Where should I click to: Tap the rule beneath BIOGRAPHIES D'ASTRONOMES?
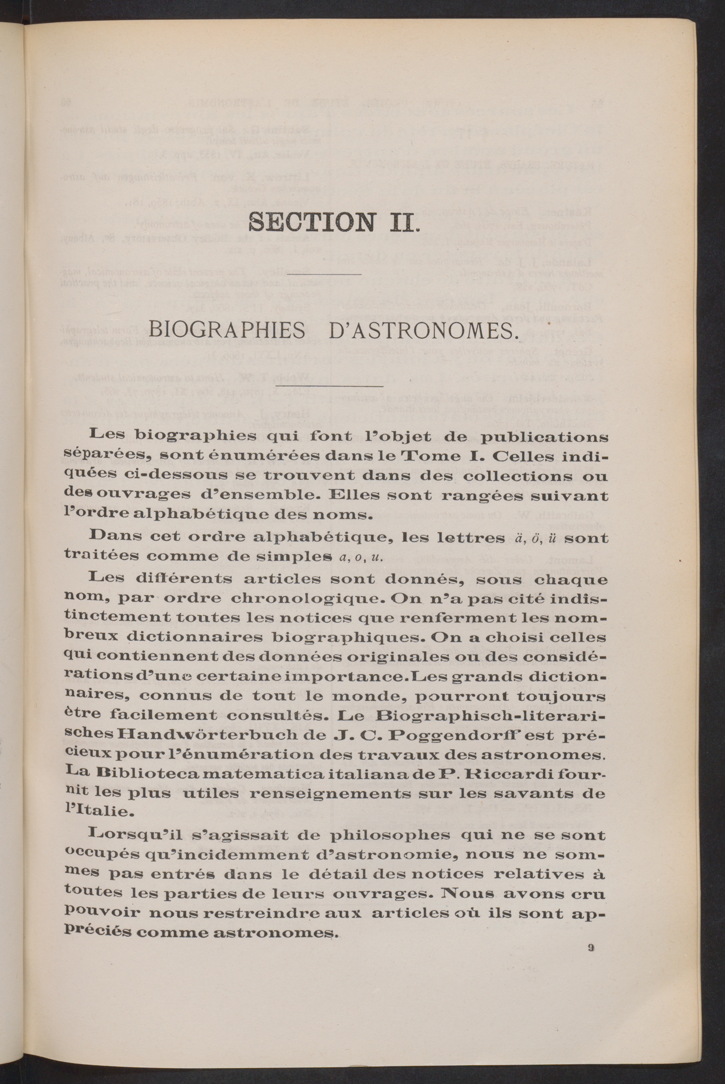pyautogui.click(x=329, y=385)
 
